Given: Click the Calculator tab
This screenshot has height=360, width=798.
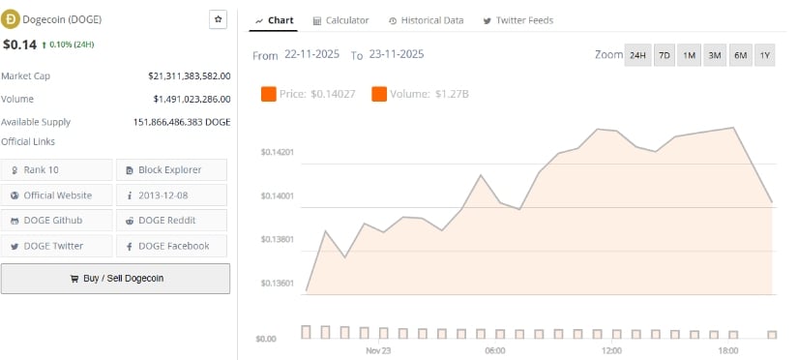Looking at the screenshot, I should pos(340,20).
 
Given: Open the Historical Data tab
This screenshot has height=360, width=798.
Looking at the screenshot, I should pos(426,20).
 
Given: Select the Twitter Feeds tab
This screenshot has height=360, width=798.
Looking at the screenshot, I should pos(517,20).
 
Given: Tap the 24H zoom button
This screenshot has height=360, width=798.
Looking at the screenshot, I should pos(637,55).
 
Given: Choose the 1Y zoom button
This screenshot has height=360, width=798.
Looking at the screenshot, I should pos(765,55).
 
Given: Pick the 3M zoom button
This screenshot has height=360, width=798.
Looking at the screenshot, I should pos(715,55).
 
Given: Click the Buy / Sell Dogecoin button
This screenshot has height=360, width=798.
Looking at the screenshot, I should pos(115,279).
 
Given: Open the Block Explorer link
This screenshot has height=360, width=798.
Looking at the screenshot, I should pos(171,169).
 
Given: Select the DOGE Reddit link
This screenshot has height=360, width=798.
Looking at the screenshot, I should pos(171,221).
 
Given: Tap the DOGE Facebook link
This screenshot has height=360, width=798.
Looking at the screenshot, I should pos(171,246).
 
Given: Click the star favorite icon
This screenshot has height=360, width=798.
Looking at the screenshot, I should pos(218,19).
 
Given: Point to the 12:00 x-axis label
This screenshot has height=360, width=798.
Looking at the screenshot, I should pos(611,349).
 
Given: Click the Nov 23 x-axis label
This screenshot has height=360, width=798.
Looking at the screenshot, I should pos(378,349).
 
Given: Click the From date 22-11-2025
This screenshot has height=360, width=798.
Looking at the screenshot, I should pos(311,55).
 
